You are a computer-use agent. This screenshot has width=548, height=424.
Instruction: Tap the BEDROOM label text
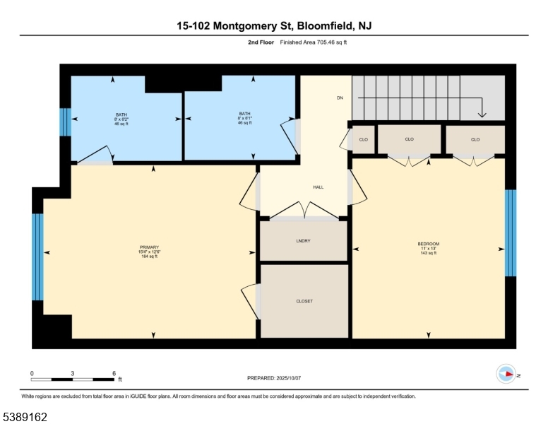tap(428, 244)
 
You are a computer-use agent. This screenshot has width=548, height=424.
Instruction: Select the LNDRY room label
tap(304, 241)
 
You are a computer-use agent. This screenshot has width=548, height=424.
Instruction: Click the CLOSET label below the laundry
tap(304, 301)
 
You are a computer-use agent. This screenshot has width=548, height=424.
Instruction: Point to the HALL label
tap(318, 187)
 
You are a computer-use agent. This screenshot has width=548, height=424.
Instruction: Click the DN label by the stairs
tap(339, 98)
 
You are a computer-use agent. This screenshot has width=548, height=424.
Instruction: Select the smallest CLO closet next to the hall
tap(364, 139)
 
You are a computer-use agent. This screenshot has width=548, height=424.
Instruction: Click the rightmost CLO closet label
tap(475, 139)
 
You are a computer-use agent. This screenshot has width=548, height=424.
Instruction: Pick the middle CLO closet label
tap(409, 139)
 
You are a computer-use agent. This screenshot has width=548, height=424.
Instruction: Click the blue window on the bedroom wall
tap(511, 232)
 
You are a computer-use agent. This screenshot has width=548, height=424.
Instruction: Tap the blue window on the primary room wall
tap(38, 257)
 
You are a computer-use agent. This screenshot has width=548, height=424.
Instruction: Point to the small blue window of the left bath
tap(65, 122)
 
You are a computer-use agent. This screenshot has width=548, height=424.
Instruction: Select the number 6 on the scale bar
tap(114, 372)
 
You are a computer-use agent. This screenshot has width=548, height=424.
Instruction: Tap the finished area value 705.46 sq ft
tap(326, 43)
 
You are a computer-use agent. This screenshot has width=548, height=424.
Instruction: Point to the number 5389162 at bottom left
tap(25, 417)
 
